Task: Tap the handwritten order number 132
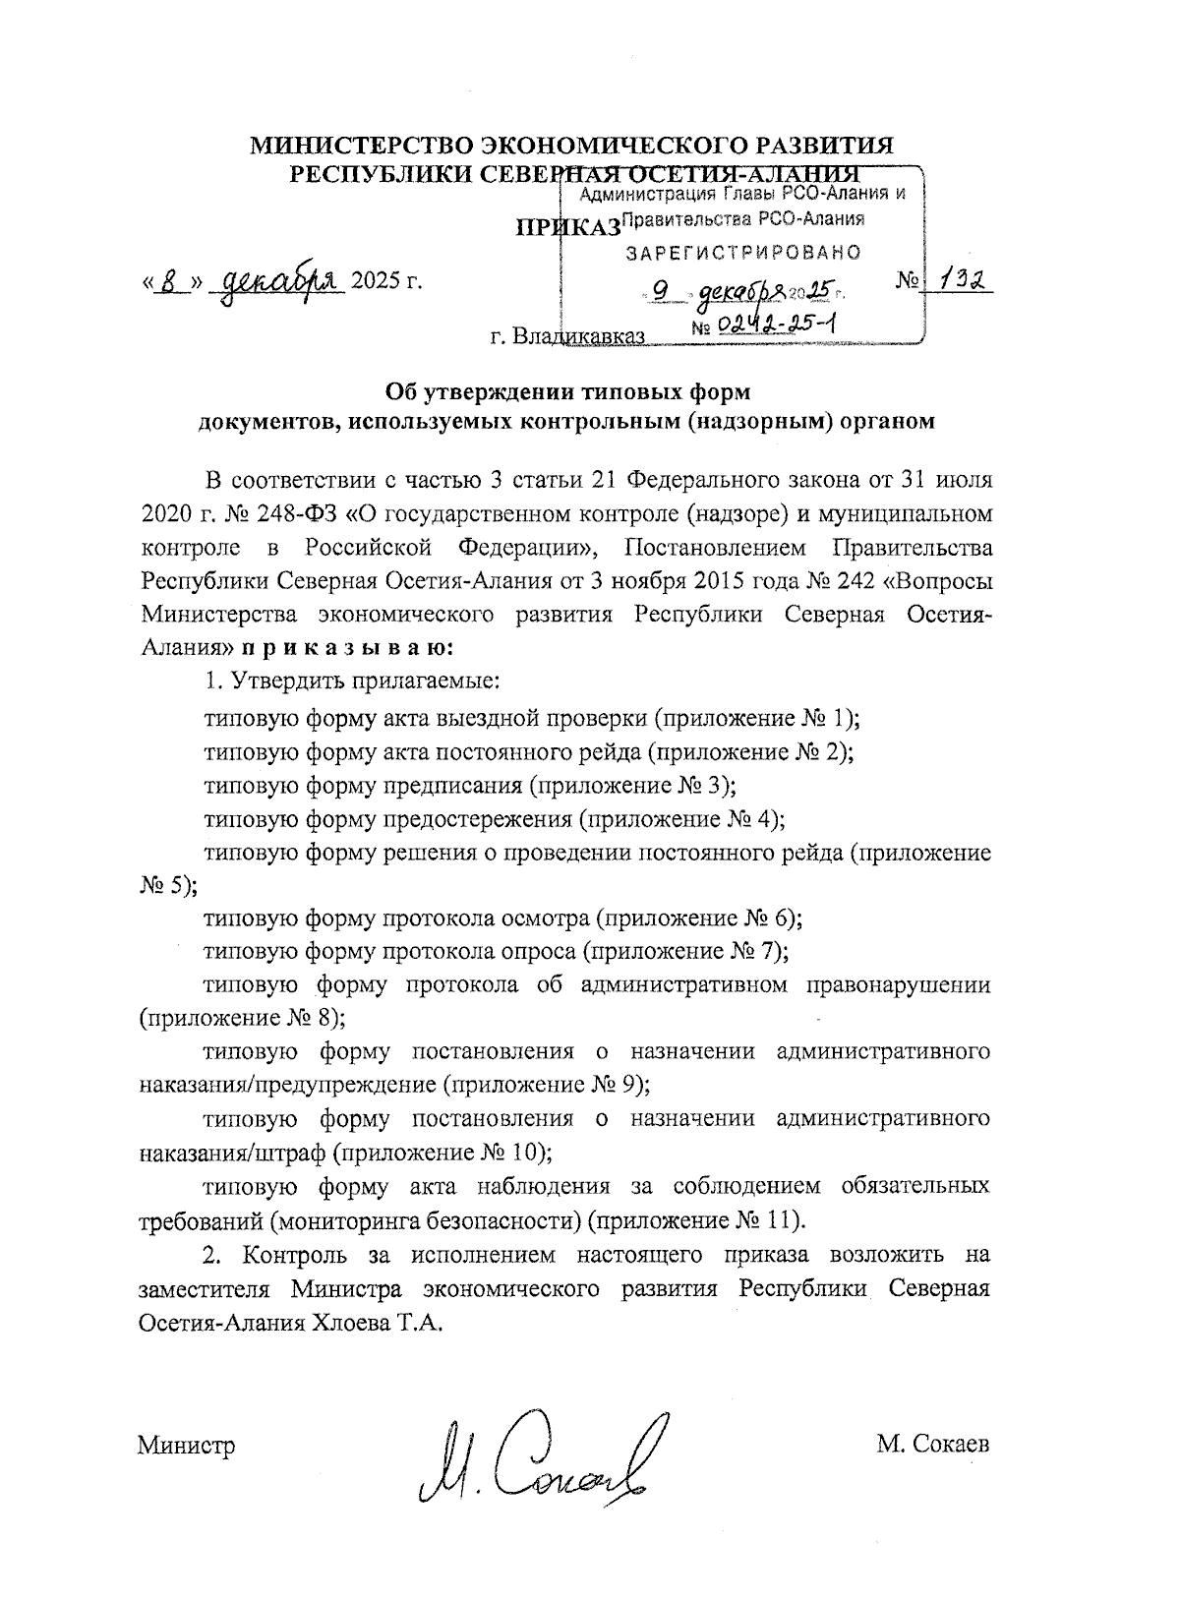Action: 964,281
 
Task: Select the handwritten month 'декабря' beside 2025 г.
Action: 281,280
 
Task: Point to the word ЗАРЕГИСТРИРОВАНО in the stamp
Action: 744,253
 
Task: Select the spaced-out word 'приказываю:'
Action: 348,648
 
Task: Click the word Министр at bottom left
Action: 187,1446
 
